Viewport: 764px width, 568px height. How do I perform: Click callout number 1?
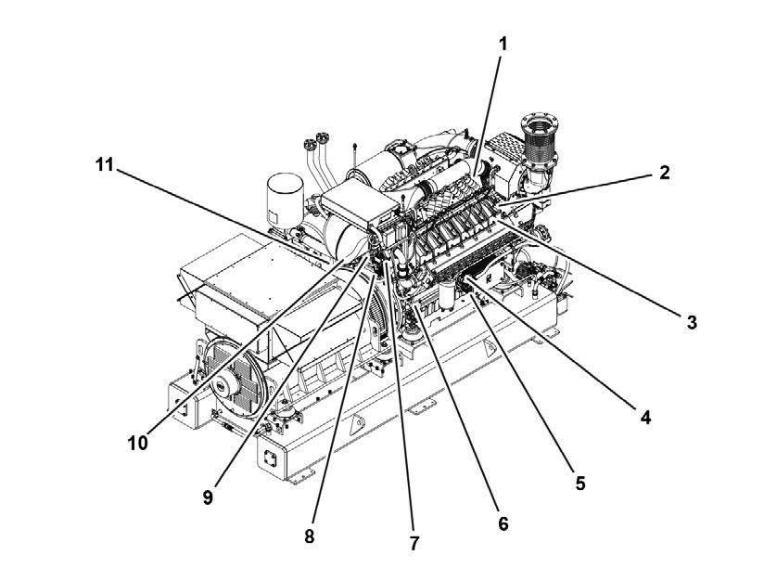[x=503, y=43]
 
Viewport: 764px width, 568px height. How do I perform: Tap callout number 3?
[x=691, y=322]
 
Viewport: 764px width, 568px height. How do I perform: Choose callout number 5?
[x=579, y=483]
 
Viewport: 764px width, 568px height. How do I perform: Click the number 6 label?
[x=503, y=523]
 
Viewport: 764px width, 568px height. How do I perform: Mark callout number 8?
[x=309, y=536]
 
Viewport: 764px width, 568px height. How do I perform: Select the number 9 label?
[x=208, y=497]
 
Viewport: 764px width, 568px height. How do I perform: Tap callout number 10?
[x=137, y=443]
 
